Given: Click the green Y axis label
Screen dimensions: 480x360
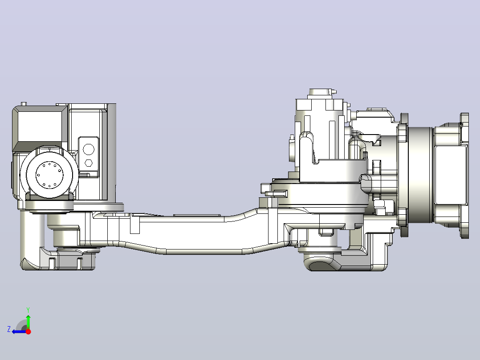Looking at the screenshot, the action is tap(28, 310).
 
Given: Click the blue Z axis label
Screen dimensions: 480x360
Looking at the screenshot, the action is tap(9, 329).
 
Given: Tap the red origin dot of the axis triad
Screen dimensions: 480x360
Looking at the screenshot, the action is tap(28, 331).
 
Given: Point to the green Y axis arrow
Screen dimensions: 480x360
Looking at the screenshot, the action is tap(28, 322).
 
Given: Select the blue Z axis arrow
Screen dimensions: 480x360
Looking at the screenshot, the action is tap(19, 331).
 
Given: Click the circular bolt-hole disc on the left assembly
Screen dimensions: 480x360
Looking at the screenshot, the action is tap(49, 175).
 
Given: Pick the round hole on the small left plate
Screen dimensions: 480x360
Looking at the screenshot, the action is tap(89, 150).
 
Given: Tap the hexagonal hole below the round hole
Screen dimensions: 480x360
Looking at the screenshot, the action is tap(89, 163).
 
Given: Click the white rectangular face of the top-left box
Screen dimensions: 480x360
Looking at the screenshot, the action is tap(40, 126).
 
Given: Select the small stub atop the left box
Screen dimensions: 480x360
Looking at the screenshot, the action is tap(24, 104).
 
